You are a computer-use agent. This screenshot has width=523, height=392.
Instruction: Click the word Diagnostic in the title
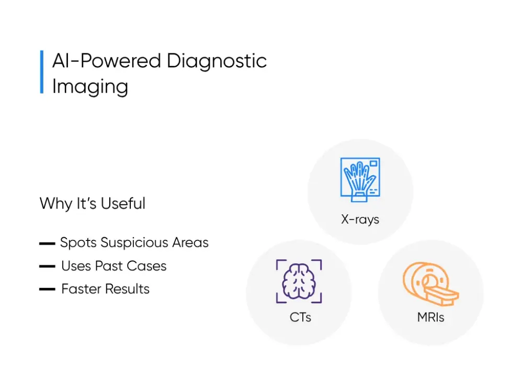pos(217,62)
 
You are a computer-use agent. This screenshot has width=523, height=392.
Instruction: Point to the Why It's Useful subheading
pos(93,203)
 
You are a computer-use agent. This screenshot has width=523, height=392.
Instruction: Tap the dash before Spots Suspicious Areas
pos(47,244)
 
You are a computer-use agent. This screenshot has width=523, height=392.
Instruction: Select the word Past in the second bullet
pos(109,266)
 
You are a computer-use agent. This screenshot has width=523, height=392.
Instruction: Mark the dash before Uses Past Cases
pos(47,267)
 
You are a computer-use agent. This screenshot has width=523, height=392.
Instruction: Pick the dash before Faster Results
pos(47,290)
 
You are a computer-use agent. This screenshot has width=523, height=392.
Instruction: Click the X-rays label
pos(360,219)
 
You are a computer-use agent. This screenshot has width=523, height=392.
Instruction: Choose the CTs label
pos(300,317)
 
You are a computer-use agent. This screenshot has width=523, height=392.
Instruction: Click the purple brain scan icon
pos(299,282)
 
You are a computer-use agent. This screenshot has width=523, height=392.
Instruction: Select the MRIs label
pos(431,317)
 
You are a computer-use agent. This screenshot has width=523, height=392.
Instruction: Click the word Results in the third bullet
pos(130,289)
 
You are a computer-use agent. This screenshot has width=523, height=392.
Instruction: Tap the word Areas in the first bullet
pos(191,243)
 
